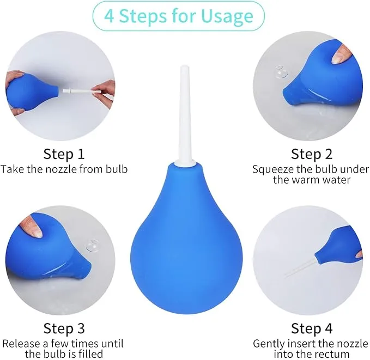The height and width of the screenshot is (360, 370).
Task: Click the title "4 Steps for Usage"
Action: pos(179,16)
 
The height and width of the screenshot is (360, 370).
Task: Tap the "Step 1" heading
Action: pos(64,154)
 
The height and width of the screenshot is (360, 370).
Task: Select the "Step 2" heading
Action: pos(312,154)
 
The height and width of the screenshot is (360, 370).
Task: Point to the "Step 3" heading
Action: pos(64,328)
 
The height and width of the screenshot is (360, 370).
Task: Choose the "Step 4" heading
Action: pos(312,328)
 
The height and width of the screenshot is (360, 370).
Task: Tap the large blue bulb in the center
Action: pos(186,238)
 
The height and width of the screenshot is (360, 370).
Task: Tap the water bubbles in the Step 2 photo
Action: pos(281,72)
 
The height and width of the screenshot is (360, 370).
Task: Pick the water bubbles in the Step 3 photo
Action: pos(93,246)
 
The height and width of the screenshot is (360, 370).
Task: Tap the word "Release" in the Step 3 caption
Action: pos(21,344)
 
